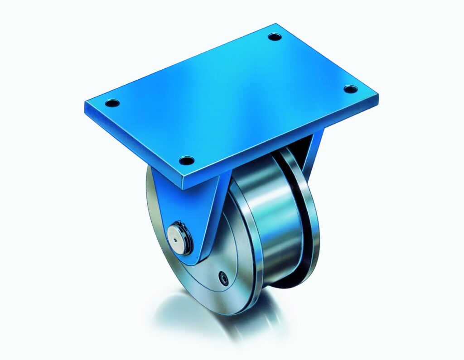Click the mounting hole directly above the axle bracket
pos(186,160)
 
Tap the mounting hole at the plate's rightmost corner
pos(350,89)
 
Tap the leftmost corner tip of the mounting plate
pos(85,105)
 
